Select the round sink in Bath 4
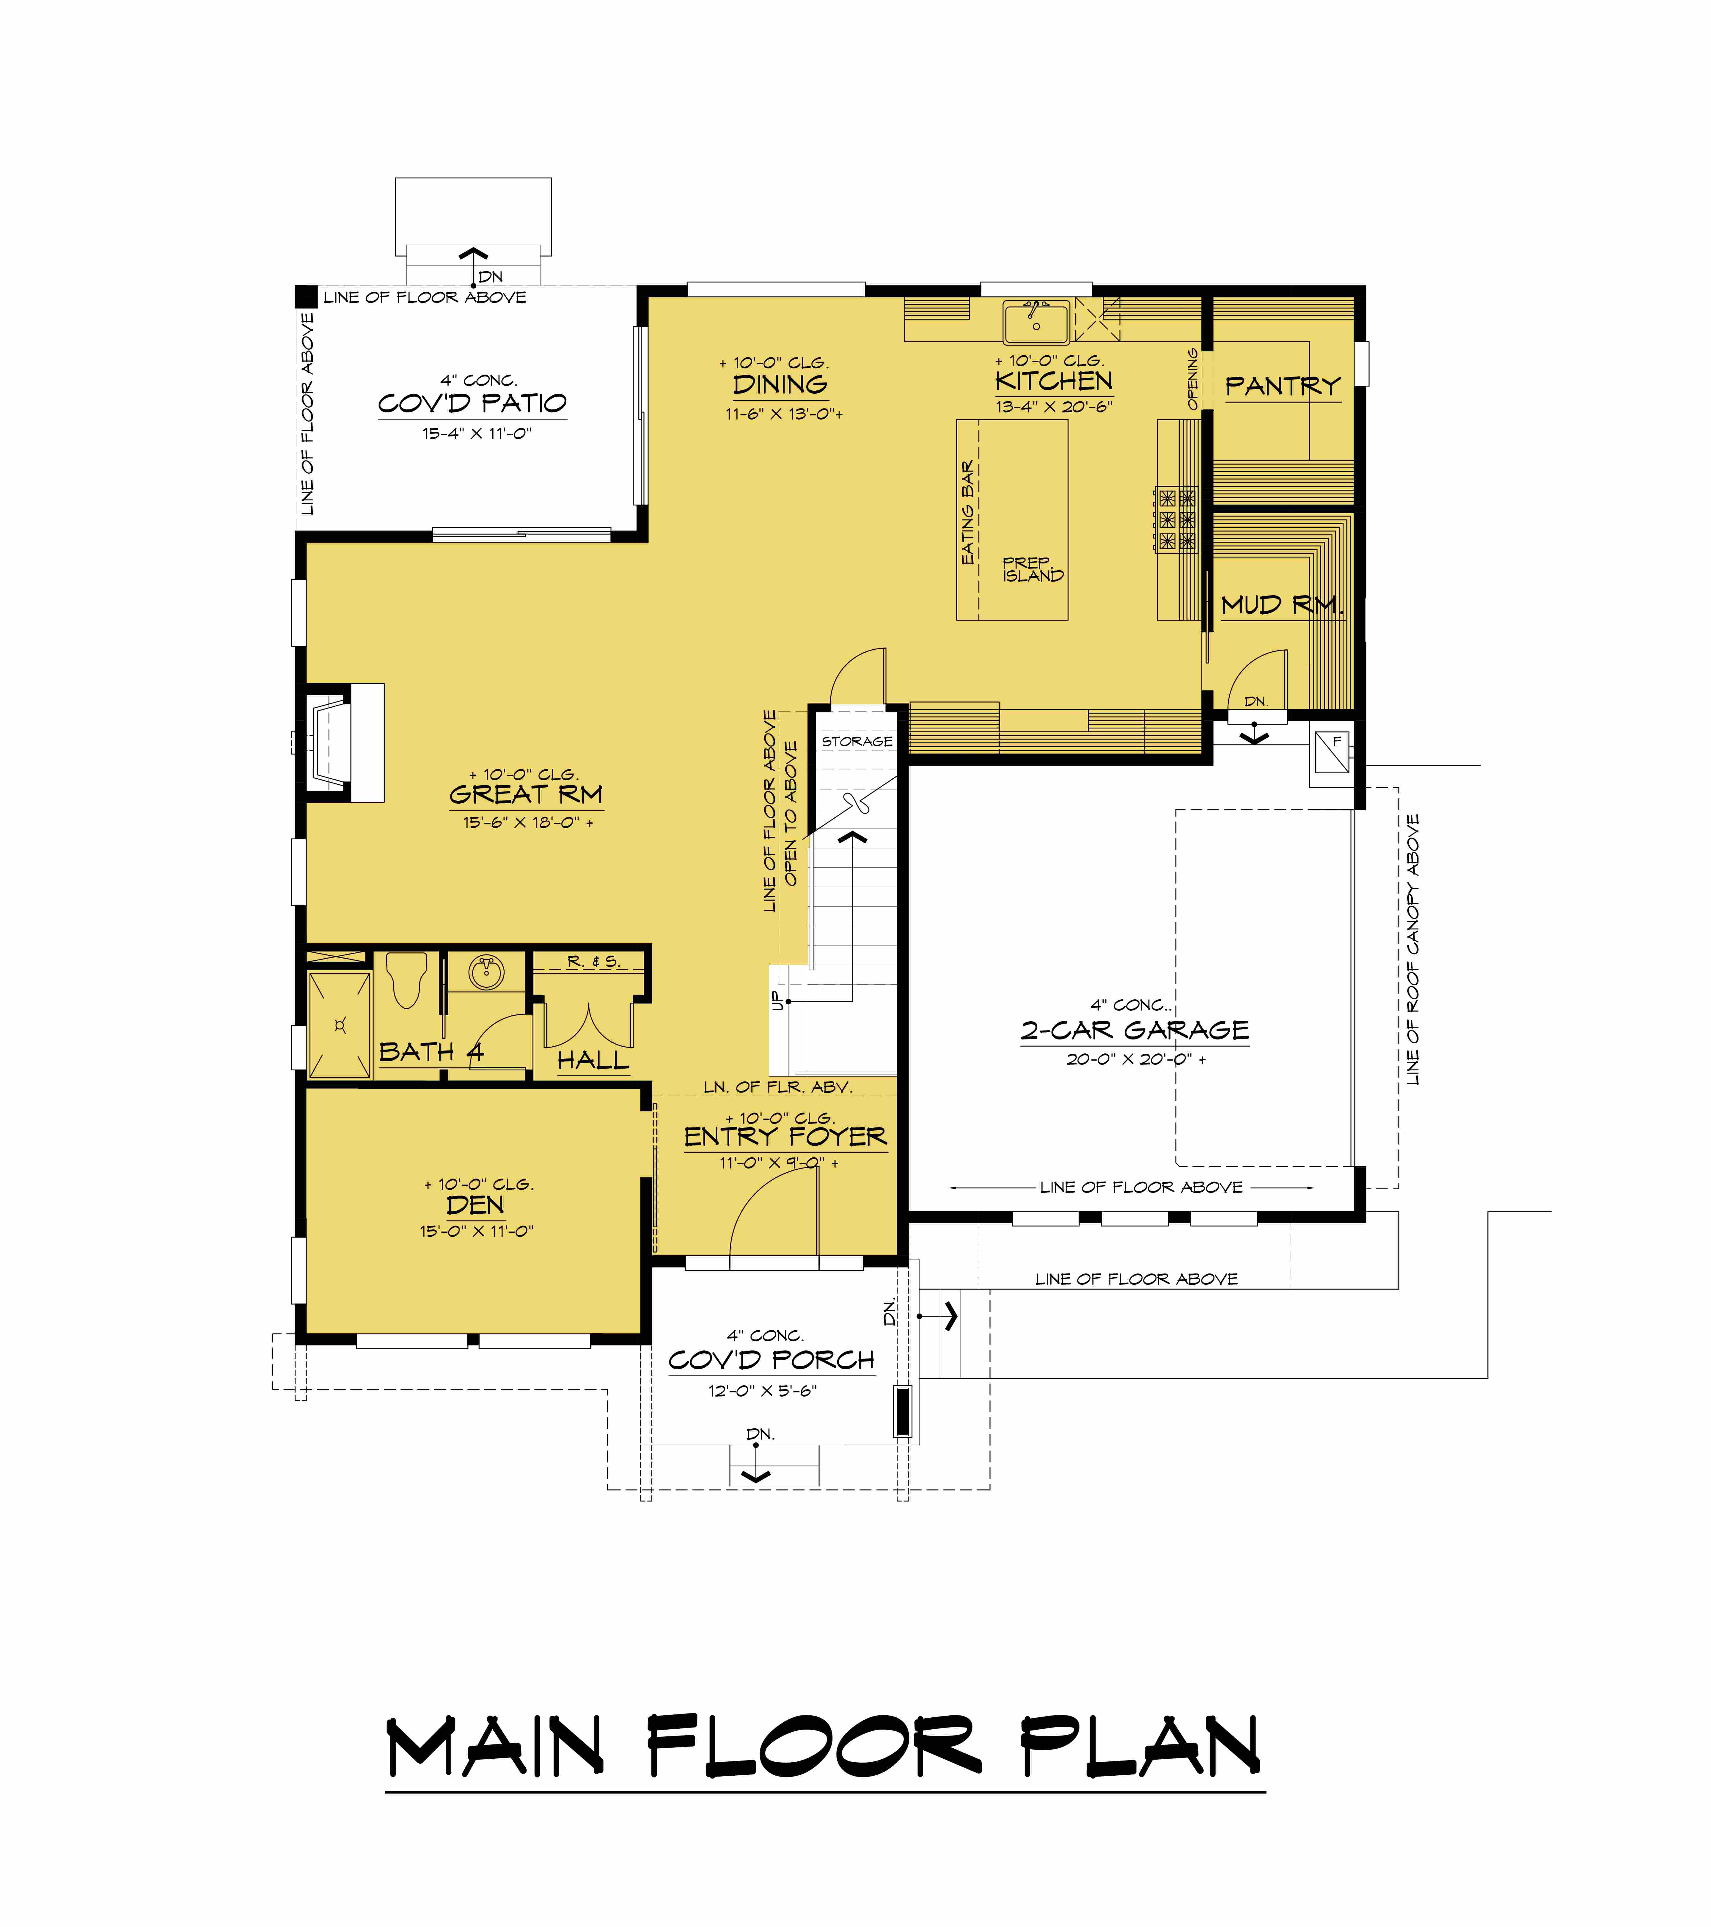point(486,972)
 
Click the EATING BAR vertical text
point(967,513)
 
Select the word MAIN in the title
point(494,1747)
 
